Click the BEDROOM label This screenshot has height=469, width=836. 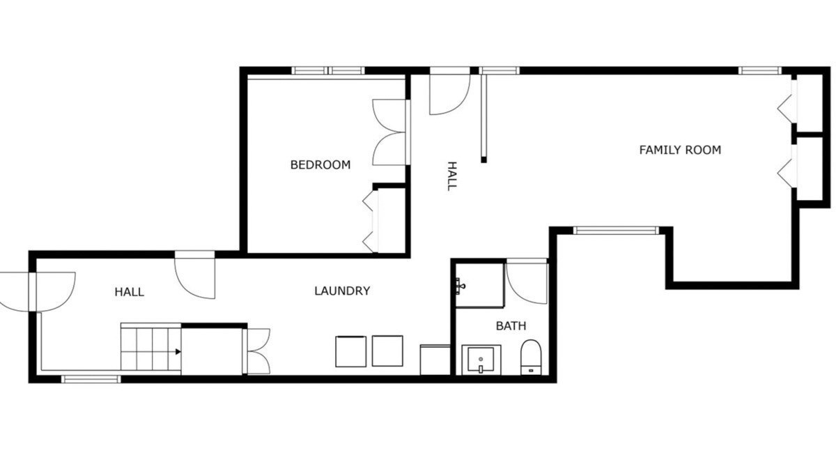(x=320, y=164)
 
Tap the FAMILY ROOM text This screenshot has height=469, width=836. (x=680, y=150)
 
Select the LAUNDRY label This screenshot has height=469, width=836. (x=342, y=291)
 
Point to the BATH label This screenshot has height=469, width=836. (x=511, y=325)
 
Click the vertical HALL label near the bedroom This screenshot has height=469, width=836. (x=452, y=176)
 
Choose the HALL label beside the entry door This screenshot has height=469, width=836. (x=129, y=291)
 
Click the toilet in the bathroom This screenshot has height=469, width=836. (x=531, y=357)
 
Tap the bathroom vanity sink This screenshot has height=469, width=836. (x=481, y=359)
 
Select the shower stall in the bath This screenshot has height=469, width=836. (x=480, y=285)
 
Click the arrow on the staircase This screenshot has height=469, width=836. (x=178, y=352)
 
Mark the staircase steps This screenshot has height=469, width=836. (x=150, y=348)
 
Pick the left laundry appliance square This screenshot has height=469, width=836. (x=351, y=351)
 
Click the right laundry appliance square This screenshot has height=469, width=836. (x=387, y=351)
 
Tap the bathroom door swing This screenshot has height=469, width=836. (x=527, y=283)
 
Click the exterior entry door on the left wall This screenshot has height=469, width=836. (x=38, y=292)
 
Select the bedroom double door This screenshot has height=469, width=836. (x=390, y=132)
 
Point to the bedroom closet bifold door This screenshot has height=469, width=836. (x=370, y=221)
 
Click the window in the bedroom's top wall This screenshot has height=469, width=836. (x=328, y=70)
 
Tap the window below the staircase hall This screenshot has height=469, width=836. (x=91, y=379)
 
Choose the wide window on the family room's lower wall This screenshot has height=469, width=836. (x=616, y=231)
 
